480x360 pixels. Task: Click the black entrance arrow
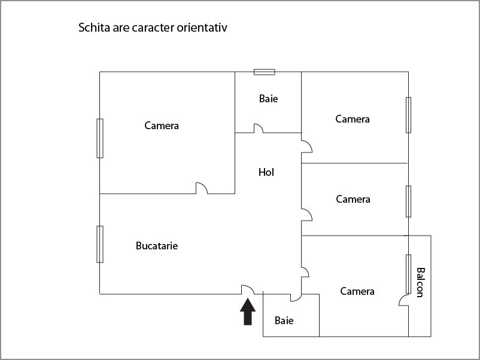(x=248, y=312)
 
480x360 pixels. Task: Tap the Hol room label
(x=266, y=172)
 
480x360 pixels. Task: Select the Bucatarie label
(x=157, y=246)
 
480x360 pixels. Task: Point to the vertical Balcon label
(x=421, y=282)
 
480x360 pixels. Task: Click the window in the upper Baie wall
(x=265, y=72)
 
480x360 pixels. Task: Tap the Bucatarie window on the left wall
(x=100, y=244)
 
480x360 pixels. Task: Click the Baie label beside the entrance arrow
(x=284, y=321)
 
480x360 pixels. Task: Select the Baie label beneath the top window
(x=269, y=99)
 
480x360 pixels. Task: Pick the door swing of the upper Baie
(x=259, y=128)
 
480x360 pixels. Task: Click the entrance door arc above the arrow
(x=248, y=289)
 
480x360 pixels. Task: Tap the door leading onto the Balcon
(x=404, y=300)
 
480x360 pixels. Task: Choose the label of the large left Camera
(x=162, y=126)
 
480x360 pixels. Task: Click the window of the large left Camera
(x=100, y=138)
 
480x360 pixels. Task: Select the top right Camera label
(x=353, y=119)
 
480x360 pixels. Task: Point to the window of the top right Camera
(x=408, y=115)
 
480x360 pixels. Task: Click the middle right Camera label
(x=353, y=199)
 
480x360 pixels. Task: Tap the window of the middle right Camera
(x=408, y=202)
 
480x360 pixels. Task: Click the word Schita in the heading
(x=95, y=28)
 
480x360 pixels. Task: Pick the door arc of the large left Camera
(x=202, y=188)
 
